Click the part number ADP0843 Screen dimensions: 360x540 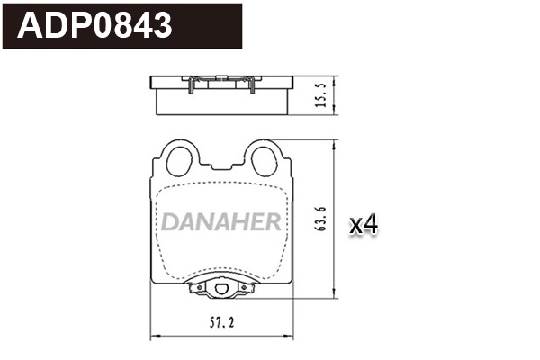[96, 26]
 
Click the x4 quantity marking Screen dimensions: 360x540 [363, 225]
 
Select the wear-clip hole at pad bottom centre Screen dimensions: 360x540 [220, 289]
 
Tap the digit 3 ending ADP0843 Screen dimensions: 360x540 [162, 26]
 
